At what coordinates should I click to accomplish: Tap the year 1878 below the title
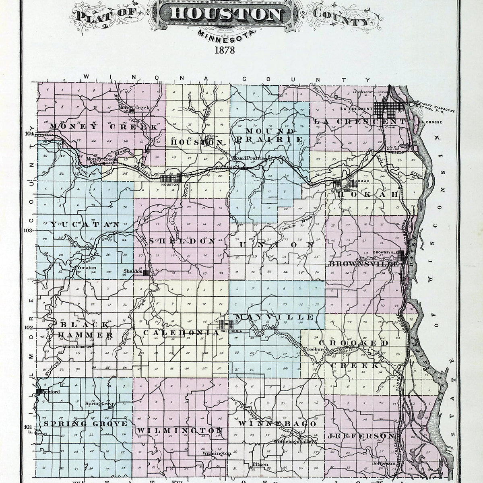pyautogui.click(x=225, y=51)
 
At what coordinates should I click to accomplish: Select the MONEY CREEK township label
pyautogui.click(x=103, y=127)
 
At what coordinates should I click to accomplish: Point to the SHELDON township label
pyautogui.click(x=182, y=241)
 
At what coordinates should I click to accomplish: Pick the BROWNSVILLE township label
pyautogui.click(x=364, y=264)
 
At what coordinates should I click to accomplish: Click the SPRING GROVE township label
pyautogui.click(x=85, y=423)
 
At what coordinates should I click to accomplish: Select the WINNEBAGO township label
pyautogui.click(x=277, y=424)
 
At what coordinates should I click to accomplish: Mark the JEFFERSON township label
pyautogui.click(x=361, y=436)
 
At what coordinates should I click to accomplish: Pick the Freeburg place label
pyautogui.click(x=315, y=349)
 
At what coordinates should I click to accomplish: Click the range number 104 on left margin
pyautogui.click(x=29, y=134)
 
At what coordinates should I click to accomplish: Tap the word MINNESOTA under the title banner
pyautogui.click(x=226, y=35)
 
